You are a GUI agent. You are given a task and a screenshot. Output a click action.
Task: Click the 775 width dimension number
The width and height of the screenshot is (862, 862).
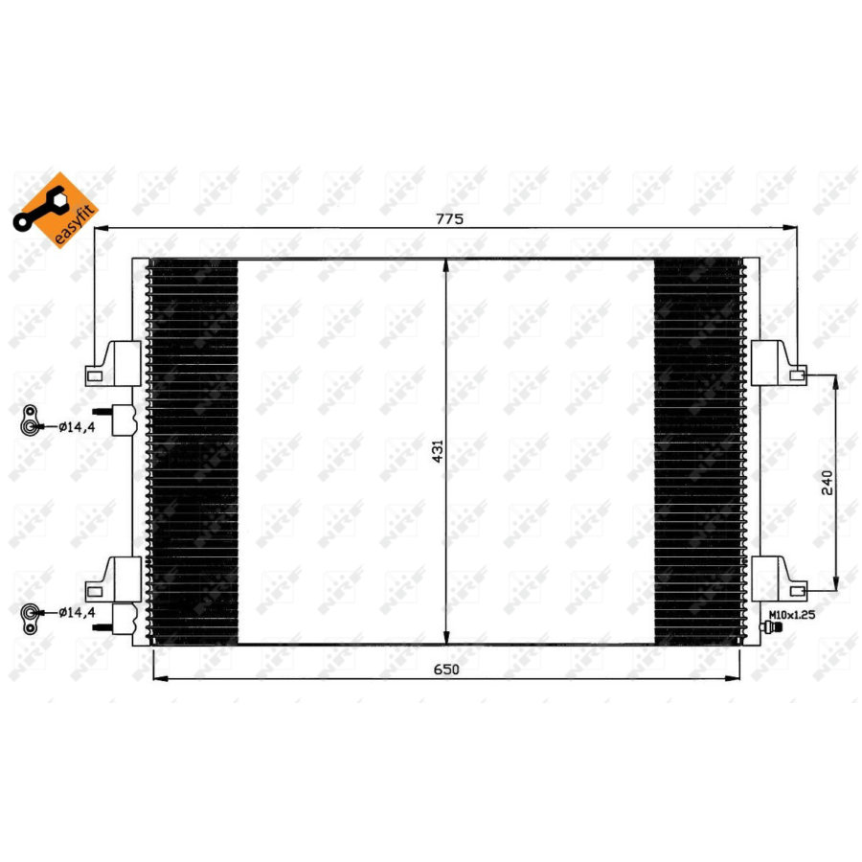click(x=450, y=218)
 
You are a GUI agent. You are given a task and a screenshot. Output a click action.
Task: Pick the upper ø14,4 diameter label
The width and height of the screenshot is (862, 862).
click(x=76, y=427)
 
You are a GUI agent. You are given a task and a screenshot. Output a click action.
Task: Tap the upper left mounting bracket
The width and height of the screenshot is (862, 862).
click(x=113, y=364)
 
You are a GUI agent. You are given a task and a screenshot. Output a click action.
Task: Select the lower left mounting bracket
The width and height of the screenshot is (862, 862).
click(x=113, y=578)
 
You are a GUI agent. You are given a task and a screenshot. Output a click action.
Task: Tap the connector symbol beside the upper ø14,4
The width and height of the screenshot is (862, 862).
click(x=32, y=421)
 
